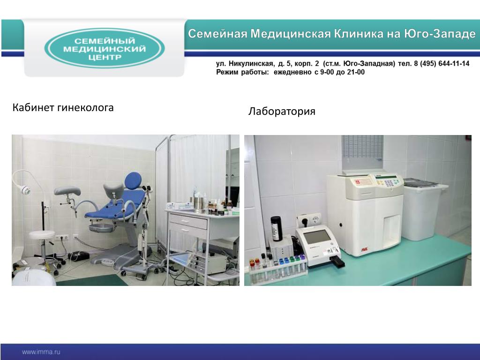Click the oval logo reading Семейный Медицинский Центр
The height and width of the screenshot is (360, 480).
click(105, 48)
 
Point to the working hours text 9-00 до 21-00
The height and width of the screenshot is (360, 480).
click(342, 72)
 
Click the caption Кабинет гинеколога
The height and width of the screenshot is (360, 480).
click(63, 108)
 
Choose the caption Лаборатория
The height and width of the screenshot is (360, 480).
click(282, 111)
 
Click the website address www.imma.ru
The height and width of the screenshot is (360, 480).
click(41, 352)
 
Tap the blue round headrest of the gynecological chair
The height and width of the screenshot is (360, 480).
click(133, 180)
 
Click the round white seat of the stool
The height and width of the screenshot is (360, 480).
click(42, 235)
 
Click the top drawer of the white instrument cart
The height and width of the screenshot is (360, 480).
click(188, 221)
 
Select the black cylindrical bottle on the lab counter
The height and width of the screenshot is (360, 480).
click(277, 228)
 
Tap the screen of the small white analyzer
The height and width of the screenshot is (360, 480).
click(317, 236)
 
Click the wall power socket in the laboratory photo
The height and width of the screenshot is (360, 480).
click(309, 219)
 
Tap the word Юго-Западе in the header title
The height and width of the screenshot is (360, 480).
click(440, 34)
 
